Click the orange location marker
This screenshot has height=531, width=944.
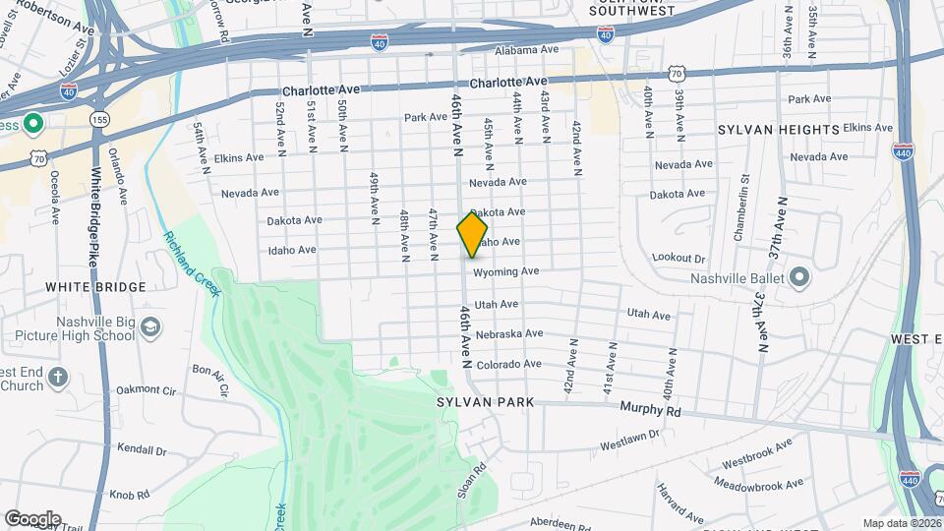click(472, 234)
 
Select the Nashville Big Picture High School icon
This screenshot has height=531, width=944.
click(150, 326)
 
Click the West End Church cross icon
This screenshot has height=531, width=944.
click(58, 378)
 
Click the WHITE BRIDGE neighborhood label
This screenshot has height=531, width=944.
click(95, 287)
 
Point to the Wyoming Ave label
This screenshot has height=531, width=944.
click(505, 271)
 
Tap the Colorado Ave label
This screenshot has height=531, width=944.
click(508, 364)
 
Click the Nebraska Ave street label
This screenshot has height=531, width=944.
click(508, 334)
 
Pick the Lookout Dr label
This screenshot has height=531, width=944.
click(678, 258)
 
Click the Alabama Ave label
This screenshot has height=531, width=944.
click(526, 50)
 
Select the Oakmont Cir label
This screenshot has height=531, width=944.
click(145, 390)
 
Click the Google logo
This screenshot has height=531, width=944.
click(31, 518)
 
